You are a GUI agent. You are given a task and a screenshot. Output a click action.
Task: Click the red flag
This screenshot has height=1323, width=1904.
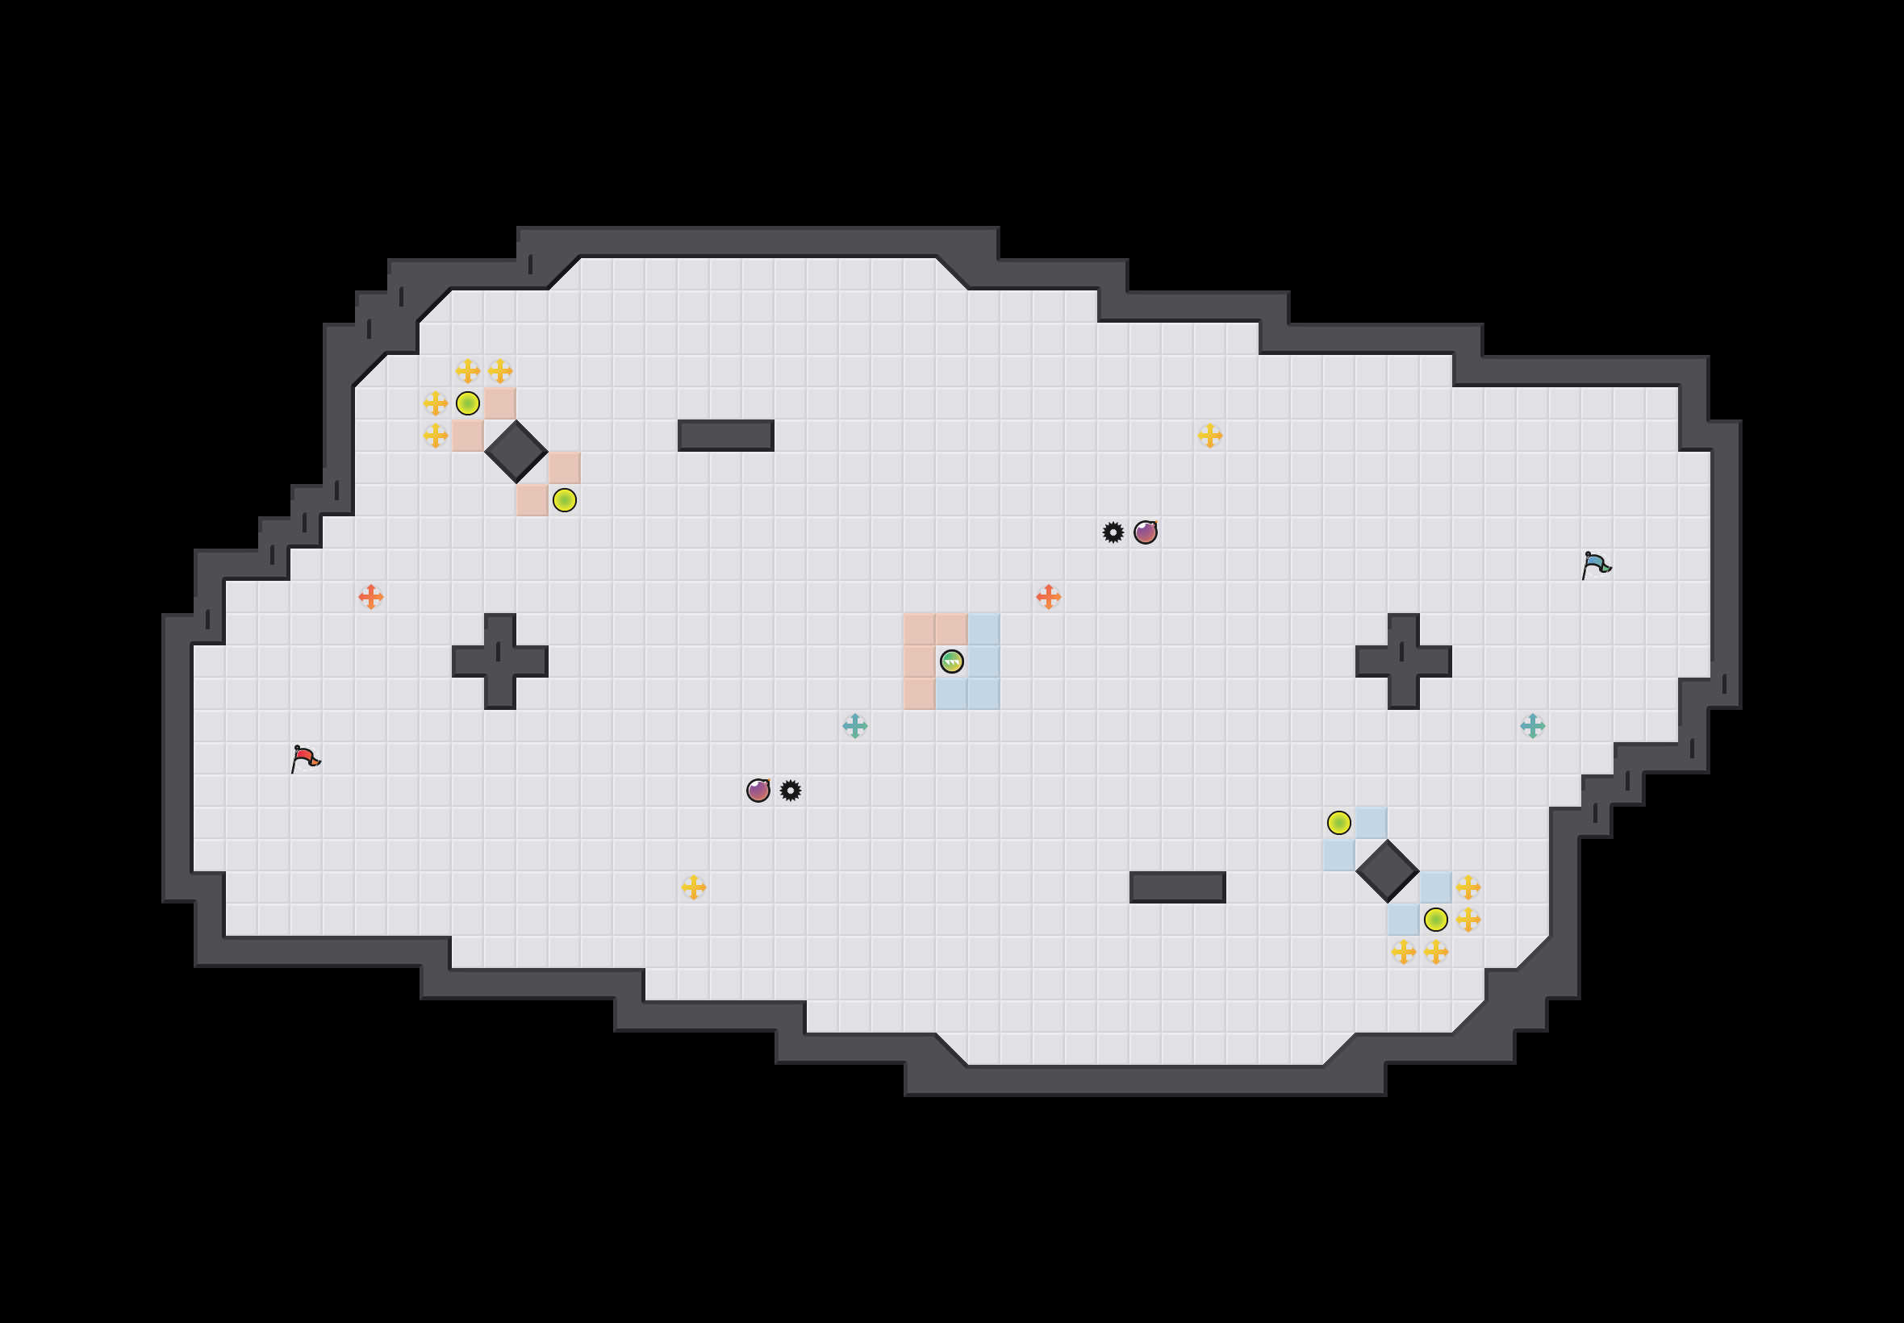[305, 758]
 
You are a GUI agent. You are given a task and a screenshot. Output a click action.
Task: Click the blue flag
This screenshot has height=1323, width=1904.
[1596, 566]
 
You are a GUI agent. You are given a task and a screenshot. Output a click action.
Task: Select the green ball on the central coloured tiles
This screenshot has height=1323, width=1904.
[951, 661]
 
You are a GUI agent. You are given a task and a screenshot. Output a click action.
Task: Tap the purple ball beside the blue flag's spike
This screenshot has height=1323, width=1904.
[1146, 532]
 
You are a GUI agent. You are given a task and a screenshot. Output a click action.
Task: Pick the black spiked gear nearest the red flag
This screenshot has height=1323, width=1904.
[791, 791]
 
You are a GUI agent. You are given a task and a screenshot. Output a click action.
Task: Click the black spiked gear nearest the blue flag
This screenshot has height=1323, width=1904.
[1113, 532]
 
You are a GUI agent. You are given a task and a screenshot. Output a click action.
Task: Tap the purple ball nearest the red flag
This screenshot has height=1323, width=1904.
[758, 791]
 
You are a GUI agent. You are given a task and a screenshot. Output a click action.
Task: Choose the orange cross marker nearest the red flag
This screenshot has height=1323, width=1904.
[370, 597]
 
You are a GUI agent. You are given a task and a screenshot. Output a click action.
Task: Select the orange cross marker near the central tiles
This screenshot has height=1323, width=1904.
[1049, 597]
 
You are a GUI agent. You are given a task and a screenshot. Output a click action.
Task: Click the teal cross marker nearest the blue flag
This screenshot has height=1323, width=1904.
[1533, 726]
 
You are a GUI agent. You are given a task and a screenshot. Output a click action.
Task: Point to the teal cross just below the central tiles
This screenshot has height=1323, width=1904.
[854, 726]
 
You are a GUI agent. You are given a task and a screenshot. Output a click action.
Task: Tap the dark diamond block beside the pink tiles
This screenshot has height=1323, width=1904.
[516, 452]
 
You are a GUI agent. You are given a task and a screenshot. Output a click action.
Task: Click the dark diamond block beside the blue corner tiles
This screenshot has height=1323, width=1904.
[1387, 871]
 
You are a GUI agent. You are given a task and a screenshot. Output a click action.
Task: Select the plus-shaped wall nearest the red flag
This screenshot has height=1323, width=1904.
[500, 661]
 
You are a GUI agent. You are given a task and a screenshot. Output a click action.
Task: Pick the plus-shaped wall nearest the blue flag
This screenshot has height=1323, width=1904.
[1403, 661]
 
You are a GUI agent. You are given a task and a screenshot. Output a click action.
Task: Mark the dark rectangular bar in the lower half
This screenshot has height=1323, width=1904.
[1177, 887]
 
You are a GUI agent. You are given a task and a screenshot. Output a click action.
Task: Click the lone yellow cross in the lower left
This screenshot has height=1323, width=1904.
[694, 887]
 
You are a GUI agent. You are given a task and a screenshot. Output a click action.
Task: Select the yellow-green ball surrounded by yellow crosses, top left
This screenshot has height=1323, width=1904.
[467, 403]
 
